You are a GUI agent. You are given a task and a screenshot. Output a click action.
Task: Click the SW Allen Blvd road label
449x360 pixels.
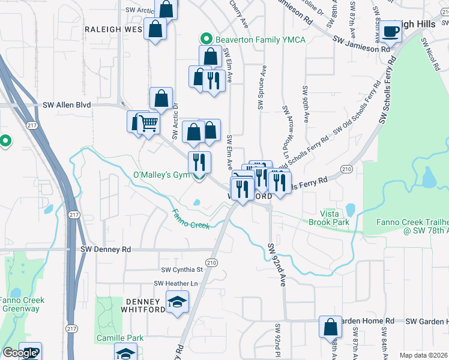(x=67, y=104)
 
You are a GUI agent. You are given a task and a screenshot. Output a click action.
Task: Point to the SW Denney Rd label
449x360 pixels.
(x=106, y=249)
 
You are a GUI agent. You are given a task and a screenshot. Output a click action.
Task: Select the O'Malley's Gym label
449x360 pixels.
(x=160, y=175)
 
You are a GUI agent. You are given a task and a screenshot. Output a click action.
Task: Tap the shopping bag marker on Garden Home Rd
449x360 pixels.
(x=330, y=328)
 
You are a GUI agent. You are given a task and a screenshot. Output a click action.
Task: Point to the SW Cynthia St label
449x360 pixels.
(x=182, y=270)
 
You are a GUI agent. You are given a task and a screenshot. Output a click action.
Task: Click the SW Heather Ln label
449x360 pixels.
(x=176, y=283)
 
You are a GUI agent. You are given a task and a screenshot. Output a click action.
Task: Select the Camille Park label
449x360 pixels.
(x=120, y=338)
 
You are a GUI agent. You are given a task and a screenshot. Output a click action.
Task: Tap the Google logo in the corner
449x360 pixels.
(x=20, y=353)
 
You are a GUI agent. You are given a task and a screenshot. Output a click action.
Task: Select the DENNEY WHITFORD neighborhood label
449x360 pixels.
(x=143, y=305)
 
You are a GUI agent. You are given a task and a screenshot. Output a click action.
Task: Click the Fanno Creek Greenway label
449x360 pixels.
(x=20, y=304)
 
